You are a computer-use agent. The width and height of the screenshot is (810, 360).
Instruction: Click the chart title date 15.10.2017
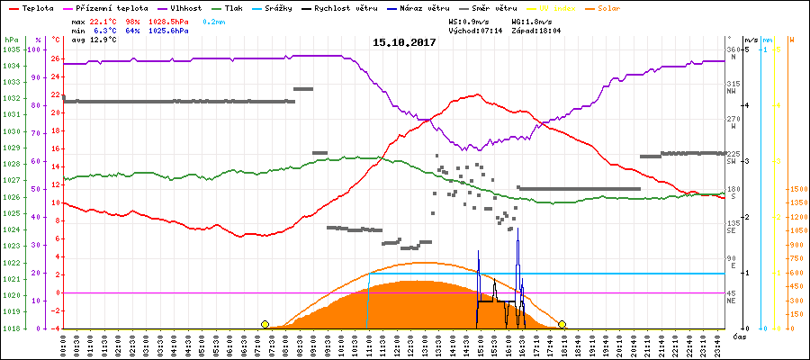click(x=405, y=42)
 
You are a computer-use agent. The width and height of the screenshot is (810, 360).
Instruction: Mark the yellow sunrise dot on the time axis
click(x=265, y=324)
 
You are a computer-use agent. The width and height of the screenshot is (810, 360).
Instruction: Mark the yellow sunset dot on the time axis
click(x=562, y=324)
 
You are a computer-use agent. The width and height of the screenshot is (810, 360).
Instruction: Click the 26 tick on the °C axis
click(x=56, y=59)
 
